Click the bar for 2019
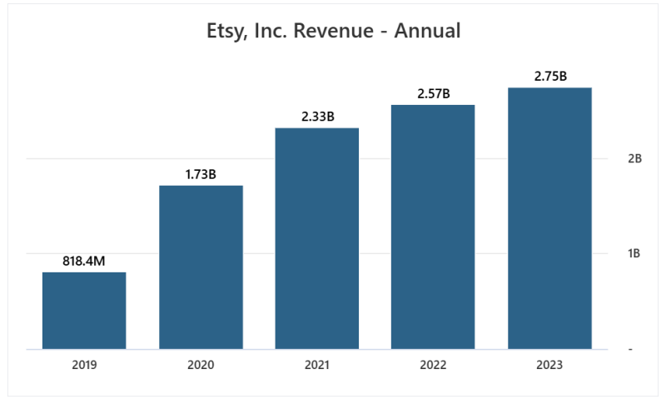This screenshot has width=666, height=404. click(x=84, y=310)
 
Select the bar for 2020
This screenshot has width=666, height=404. click(x=201, y=267)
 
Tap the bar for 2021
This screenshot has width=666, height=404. click(x=317, y=238)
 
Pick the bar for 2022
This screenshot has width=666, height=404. click(x=433, y=227)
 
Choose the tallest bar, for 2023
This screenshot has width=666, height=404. click(x=549, y=218)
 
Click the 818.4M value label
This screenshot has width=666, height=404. click(x=84, y=261)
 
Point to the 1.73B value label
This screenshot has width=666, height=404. click(x=201, y=174)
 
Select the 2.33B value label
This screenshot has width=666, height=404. click(x=317, y=117)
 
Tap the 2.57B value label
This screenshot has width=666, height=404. click(x=433, y=93)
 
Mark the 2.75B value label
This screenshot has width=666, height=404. click(x=549, y=76)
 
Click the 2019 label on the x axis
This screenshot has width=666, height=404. click(x=84, y=365)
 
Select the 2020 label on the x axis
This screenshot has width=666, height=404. click(x=201, y=365)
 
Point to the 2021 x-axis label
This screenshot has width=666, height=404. click(x=317, y=365)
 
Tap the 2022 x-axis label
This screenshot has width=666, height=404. click(x=433, y=365)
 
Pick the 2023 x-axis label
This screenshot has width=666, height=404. click(x=549, y=365)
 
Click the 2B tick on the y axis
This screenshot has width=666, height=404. click(x=634, y=158)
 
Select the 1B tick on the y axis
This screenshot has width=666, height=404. click(x=634, y=253)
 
